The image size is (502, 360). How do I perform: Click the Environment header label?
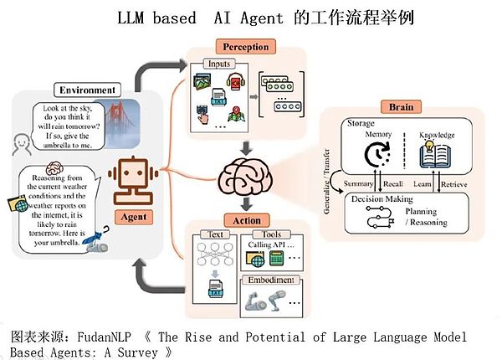point(86,90)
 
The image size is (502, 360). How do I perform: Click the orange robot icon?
point(131,181)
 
